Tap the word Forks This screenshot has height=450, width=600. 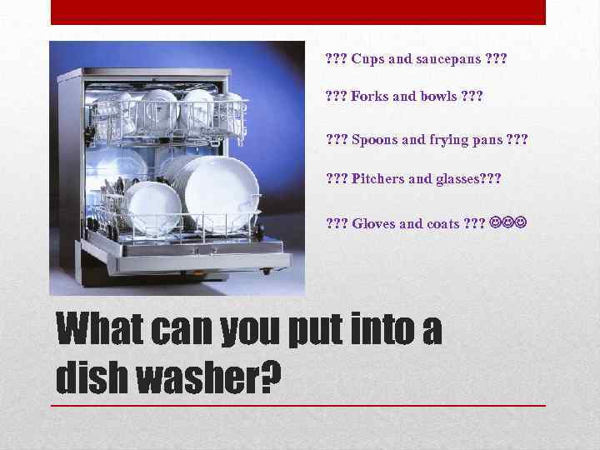(x=369, y=96)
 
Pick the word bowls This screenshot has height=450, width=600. (x=436, y=96)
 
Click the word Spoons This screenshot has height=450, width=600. (x=372, y=139)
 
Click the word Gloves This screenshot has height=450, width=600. (x=374, y=223)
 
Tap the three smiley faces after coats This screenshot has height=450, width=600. (x=508, y=223)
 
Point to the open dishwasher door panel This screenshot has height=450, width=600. (x=192, y=267)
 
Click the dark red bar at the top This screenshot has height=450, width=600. (x=298, y=12)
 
